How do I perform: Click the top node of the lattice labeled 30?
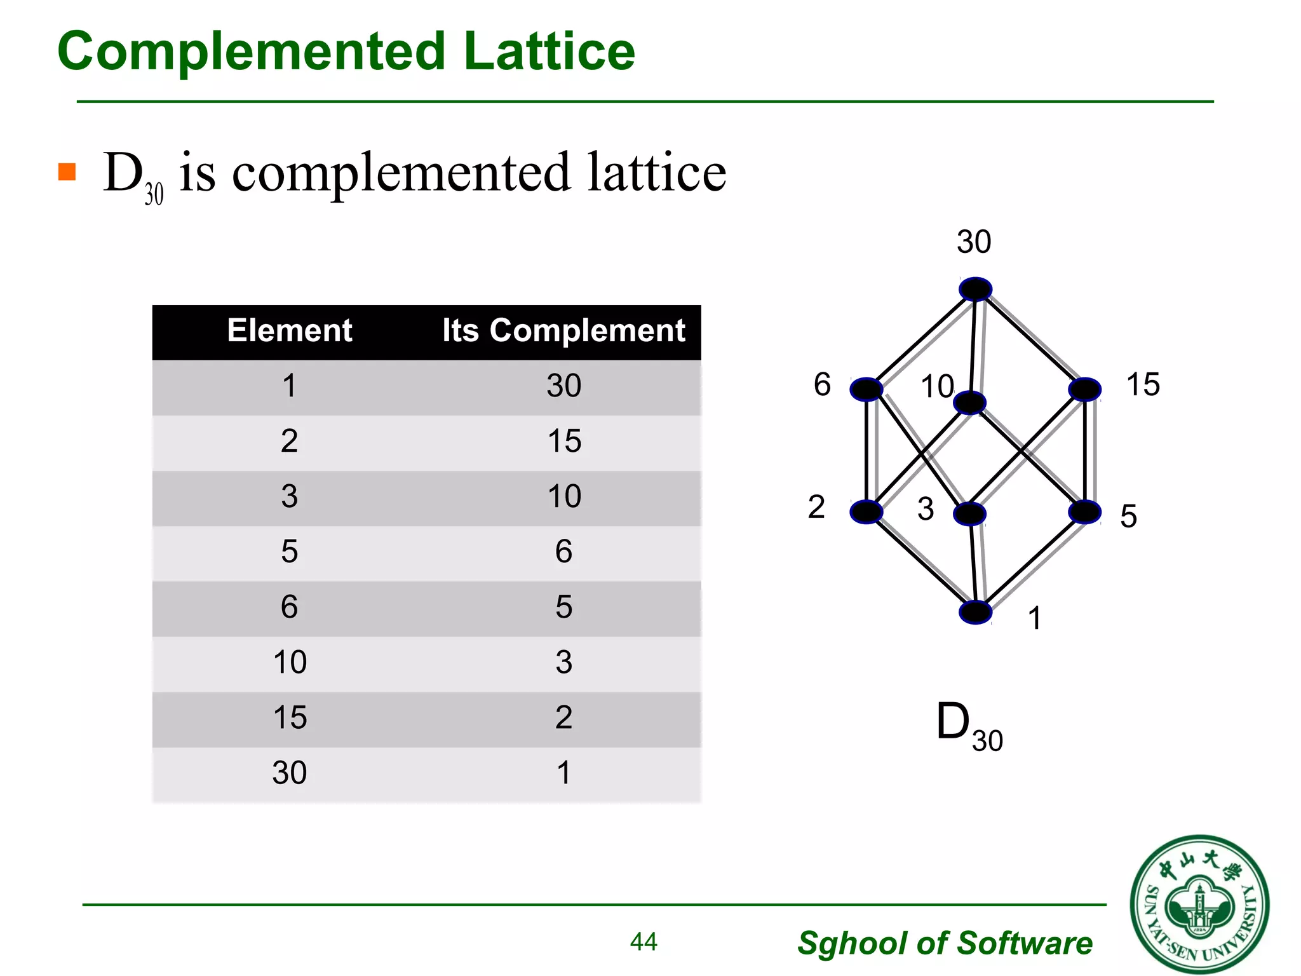[975, 289]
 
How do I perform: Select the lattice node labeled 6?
[866, 389]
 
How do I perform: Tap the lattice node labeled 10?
[970, 403]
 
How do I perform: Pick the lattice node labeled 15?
[1084, 389]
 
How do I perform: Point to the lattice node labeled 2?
[866, 512]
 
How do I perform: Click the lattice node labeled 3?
[970, 514]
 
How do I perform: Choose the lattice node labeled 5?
[1084, 512]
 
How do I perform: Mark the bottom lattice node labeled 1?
[975, 613]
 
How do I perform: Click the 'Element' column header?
[290, 330]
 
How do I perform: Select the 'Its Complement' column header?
[563, 330]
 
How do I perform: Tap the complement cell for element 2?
[564, 441]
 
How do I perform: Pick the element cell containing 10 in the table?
[290, 662]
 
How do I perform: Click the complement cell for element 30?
[564, 773]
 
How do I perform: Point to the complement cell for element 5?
[564, 552]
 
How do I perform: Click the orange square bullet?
[67, 172]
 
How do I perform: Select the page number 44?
[644, 942]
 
